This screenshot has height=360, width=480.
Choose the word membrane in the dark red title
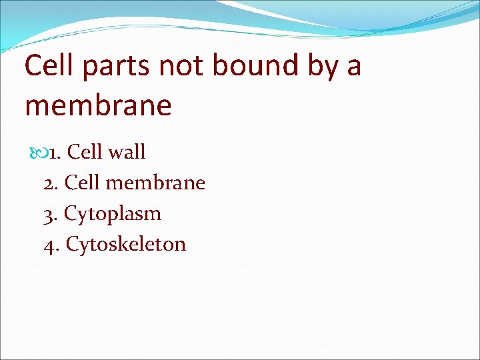point(98,105)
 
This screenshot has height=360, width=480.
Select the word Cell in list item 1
point(85,152)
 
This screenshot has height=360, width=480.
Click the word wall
point(126,152)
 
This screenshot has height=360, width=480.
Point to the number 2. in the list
point(52,183)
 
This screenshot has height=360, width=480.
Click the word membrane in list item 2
point(155,183)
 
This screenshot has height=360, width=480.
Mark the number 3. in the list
point(51,213)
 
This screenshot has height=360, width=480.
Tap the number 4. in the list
point(52,244)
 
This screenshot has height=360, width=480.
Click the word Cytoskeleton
point(126,245)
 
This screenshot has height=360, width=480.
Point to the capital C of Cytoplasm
point(70,213)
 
